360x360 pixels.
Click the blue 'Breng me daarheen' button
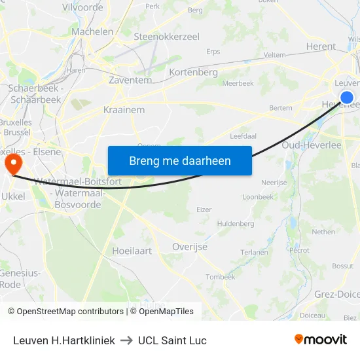coord(179,160)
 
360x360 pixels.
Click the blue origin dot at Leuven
coord(347,98)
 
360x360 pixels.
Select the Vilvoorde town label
coord(82,7)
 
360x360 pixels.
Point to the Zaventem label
coord(130,80)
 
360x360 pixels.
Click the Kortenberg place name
coord(193,72)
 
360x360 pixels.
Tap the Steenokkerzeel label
coord(166,37)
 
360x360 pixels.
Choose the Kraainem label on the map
coord(124,110)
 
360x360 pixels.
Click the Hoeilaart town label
coord(132,250)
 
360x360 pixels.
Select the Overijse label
coord(189,247)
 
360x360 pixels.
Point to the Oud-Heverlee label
coord(312,145)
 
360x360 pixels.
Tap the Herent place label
coord(321,46)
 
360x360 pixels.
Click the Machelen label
coord(92,31)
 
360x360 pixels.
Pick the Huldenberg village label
coord(236,223)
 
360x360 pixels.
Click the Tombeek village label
coord(221,277)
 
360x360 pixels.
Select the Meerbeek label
coord(238,83)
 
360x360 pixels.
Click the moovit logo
coord(321,339)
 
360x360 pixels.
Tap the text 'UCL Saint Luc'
coord(172,340)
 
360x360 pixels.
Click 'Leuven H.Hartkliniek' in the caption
coord(64,340)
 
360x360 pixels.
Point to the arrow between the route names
coord(126,340)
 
